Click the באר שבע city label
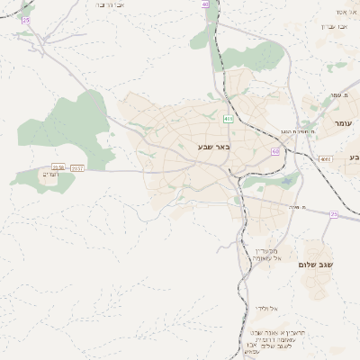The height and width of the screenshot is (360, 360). coord(211,146)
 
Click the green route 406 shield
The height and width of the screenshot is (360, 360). coord(229,118)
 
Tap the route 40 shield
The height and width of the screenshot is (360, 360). coord(205,4)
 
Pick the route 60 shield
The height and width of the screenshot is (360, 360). coord(274,151)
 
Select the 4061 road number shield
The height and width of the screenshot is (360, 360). coord(325,159)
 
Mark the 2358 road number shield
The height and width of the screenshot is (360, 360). coord(58,167)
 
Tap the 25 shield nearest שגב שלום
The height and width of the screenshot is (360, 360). coord(333,214)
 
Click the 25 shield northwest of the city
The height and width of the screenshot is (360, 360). coord(25,19)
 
